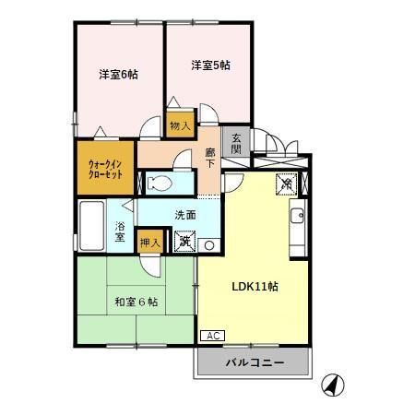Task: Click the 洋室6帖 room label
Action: tap(119, 75)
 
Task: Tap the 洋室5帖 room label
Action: tap(210, 65)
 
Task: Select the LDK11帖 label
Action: tap(255, 286)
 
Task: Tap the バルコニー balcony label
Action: tap(255, 363)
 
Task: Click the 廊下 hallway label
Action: tap(211, 159)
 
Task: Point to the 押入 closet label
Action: tap(149, 243)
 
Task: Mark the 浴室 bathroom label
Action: tap(121, 231)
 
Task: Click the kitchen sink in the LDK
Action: tap(298, 218)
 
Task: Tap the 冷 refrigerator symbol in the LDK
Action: tap(286, 183)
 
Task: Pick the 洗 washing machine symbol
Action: tap(185, 242)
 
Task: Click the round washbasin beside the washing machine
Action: tap(208, 244)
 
